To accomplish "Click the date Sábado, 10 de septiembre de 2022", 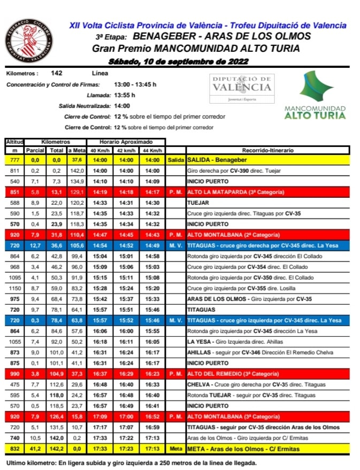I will point(179,61).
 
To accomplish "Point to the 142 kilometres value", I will point(57,74).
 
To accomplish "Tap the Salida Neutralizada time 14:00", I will point(122,106).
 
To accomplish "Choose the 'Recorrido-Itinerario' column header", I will point(267,150).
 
